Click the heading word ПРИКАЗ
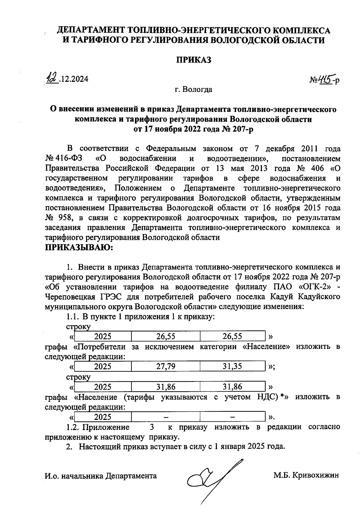(x=193, y=60)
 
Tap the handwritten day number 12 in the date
(x=52, y=79)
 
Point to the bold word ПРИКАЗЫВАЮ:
(x=79, y=248)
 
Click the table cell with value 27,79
(x=166, y=366)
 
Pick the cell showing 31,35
(x=232, y=366)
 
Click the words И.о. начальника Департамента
(x=100, y=476)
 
